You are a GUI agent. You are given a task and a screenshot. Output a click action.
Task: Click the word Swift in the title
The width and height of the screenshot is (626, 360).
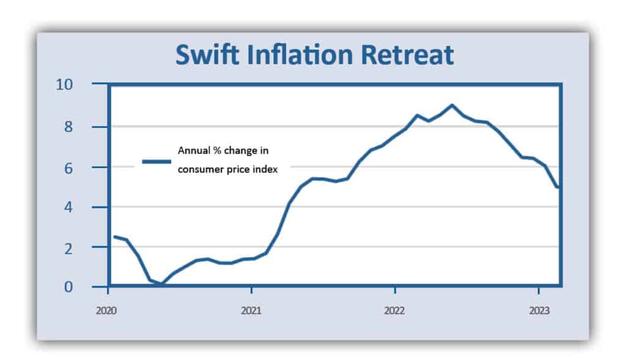click(x=204, y=56)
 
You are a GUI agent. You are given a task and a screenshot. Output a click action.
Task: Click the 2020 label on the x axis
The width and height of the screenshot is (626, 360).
click(x=107, y=310)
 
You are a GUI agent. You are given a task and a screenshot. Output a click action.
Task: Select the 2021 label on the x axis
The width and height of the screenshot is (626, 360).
click(x=251, y=310)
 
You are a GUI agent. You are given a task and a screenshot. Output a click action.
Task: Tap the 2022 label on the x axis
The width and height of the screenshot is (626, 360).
click(x=395, y=310)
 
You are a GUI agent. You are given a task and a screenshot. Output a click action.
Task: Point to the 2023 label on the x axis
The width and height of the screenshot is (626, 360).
click(x=539, y=310)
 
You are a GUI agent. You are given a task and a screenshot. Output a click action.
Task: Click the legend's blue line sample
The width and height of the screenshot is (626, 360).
click(x=156, y=161)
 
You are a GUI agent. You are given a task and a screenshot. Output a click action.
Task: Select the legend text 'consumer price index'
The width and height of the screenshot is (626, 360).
click(x=227, y=170)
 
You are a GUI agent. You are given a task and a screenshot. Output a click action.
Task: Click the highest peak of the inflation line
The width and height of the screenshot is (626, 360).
click(x=452, y=105)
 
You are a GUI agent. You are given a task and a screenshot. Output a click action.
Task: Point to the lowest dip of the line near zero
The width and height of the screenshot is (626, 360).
click(x=161, y=284)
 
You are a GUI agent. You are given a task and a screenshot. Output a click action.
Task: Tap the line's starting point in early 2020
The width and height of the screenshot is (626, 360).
click(x=115, y=237)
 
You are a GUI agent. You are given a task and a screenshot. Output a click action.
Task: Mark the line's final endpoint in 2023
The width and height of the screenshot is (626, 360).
click(x=558, y=187)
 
